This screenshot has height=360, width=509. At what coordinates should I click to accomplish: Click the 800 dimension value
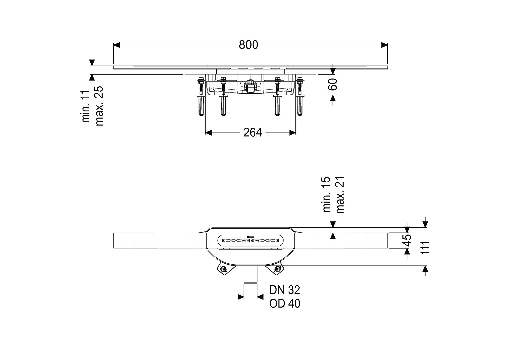pos(249,45)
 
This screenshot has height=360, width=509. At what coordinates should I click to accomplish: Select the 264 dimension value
pos(253,133)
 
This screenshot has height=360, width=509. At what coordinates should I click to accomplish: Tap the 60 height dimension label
pos(333,84)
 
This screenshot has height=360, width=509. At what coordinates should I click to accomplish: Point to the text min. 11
pos(86,106)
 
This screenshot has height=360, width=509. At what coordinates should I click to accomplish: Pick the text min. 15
pos(327,194)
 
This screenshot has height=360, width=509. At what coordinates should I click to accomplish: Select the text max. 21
pos(340,195)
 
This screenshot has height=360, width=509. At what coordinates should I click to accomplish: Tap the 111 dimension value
pos(425,248)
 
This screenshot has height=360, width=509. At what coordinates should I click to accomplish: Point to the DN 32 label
pos(285,290)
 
